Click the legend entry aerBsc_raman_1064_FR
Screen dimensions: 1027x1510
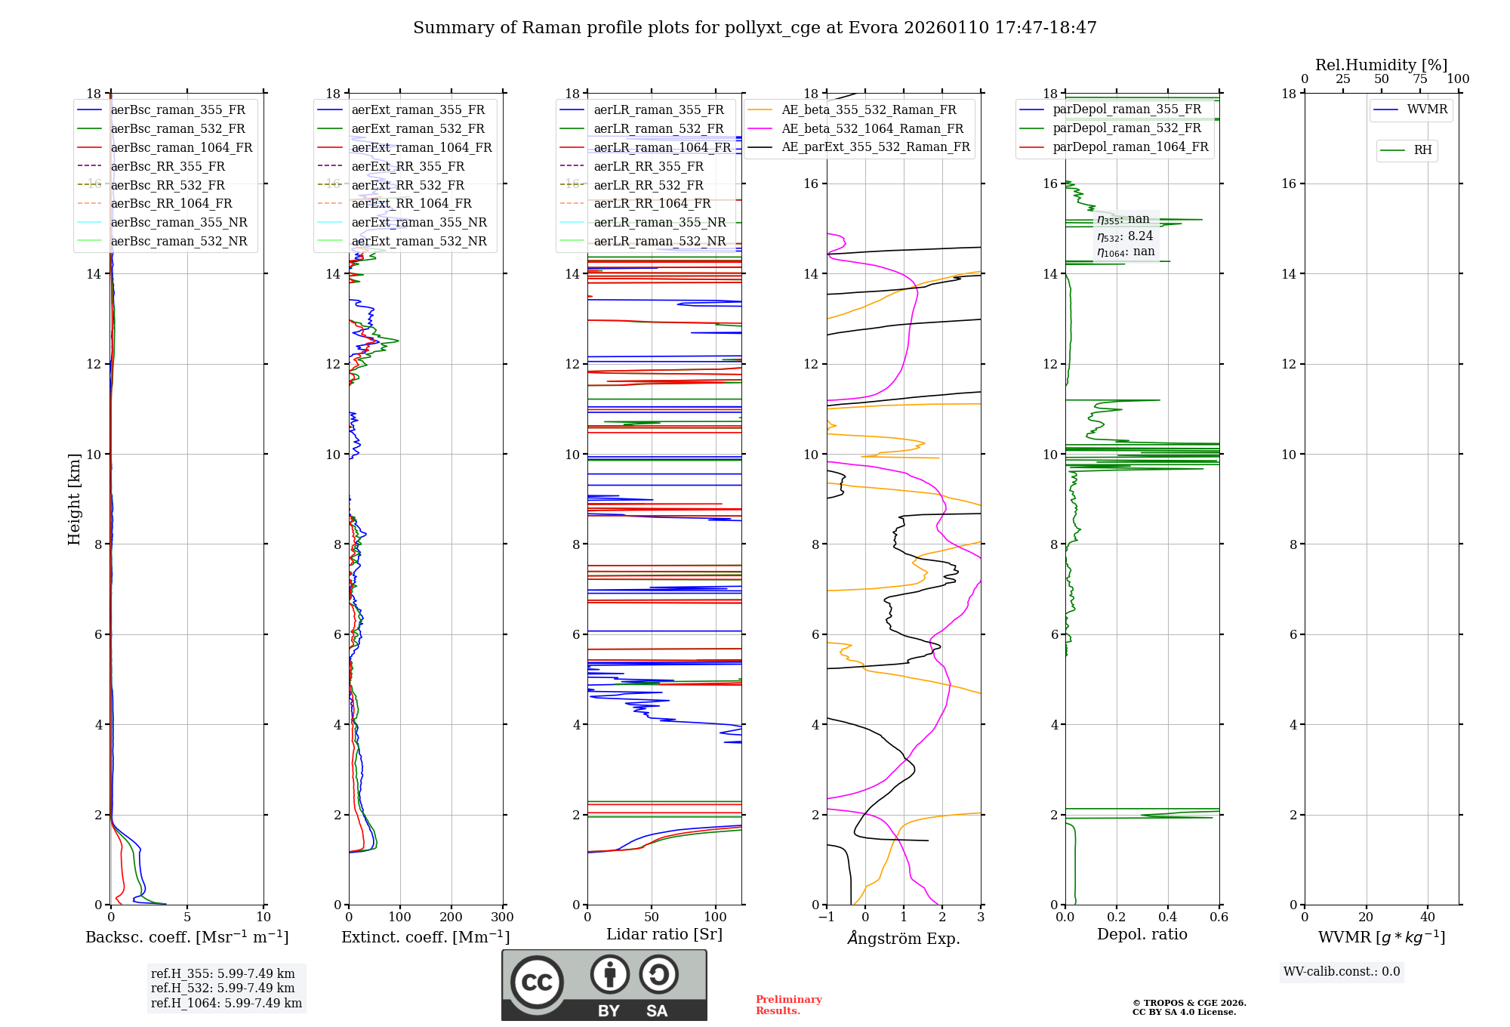pyautogui.click(x=181, y=148)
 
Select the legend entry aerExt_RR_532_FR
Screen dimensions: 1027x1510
pyautogui.click(x=408, y=185)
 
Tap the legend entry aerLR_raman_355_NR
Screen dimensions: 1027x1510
pyautogui.click(x=659, y=223)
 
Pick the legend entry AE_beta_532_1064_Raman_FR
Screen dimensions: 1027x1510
pyautogui.click(x=872, y=129)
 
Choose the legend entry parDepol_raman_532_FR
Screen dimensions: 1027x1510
pyautogui.click(x=1126, y=128)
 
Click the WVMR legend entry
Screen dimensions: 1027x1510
pyautogui.click(x=1427, y=109)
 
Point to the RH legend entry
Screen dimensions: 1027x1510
pyautogui.click(x=1422, y=150)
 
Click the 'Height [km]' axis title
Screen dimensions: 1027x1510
pyautogui.click(x=74, y=499)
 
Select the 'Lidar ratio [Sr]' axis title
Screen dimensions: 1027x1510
pyautogui.click(x=664, y=935)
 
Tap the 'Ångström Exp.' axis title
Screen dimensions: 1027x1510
pyautogui.click(x=904, y=939)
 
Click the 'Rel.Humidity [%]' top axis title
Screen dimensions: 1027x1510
pyautogui.click(x=1381, y=65)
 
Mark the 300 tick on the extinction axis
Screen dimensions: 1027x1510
pyautogui.click(x=503, y=918)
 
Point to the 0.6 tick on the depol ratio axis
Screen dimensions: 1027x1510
pyautogui.click(x=1219, y=918)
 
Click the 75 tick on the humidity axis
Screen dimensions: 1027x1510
pyautogui.click(x=1419, y=79)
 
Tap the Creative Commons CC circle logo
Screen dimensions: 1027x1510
pyautogui.click(x=537, y=982)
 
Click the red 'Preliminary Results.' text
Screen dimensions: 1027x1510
pyautogui.click(x=788, y=1005)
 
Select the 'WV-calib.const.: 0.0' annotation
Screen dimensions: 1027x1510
pyautogui.click(x=1342, y=972)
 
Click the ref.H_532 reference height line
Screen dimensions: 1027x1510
pyautogui.click(x=223, y=988)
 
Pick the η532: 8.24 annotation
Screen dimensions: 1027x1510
pyautogui.click(x=1125, y=236)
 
